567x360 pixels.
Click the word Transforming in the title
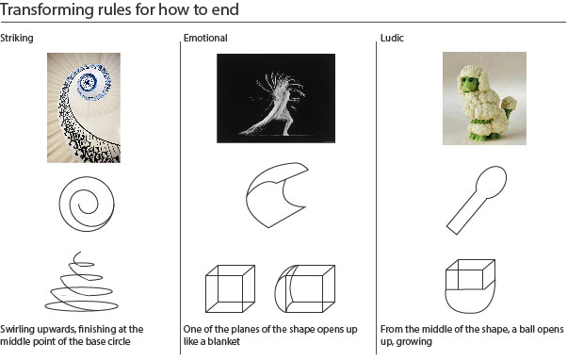[47, 9]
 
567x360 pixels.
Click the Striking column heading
[17, 38]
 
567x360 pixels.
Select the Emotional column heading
[205, 38]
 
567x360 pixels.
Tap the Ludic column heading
[392, 38]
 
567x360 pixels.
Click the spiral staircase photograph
[84, 107]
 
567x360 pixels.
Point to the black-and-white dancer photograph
[276, 98]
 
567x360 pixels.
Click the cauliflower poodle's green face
[469, 85]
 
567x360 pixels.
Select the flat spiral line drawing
[87, 205]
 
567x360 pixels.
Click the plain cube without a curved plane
[231, 288]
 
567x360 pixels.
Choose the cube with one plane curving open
[305, 288]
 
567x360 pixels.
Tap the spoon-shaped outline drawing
[477, 200]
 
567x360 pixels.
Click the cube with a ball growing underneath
[470, 286]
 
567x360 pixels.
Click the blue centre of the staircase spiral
[88, 82]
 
